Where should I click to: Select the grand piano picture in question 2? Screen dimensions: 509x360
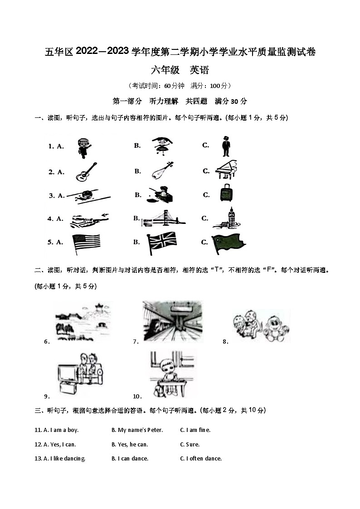(x=226, y=170)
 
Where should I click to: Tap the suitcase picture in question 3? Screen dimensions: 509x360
(x=225, y=194)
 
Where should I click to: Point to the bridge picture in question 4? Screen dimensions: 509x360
(x=163, y=219)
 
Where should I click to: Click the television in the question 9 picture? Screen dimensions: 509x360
(x=68, y=373)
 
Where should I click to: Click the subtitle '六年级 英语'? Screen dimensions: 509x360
(x=180, y=70)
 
